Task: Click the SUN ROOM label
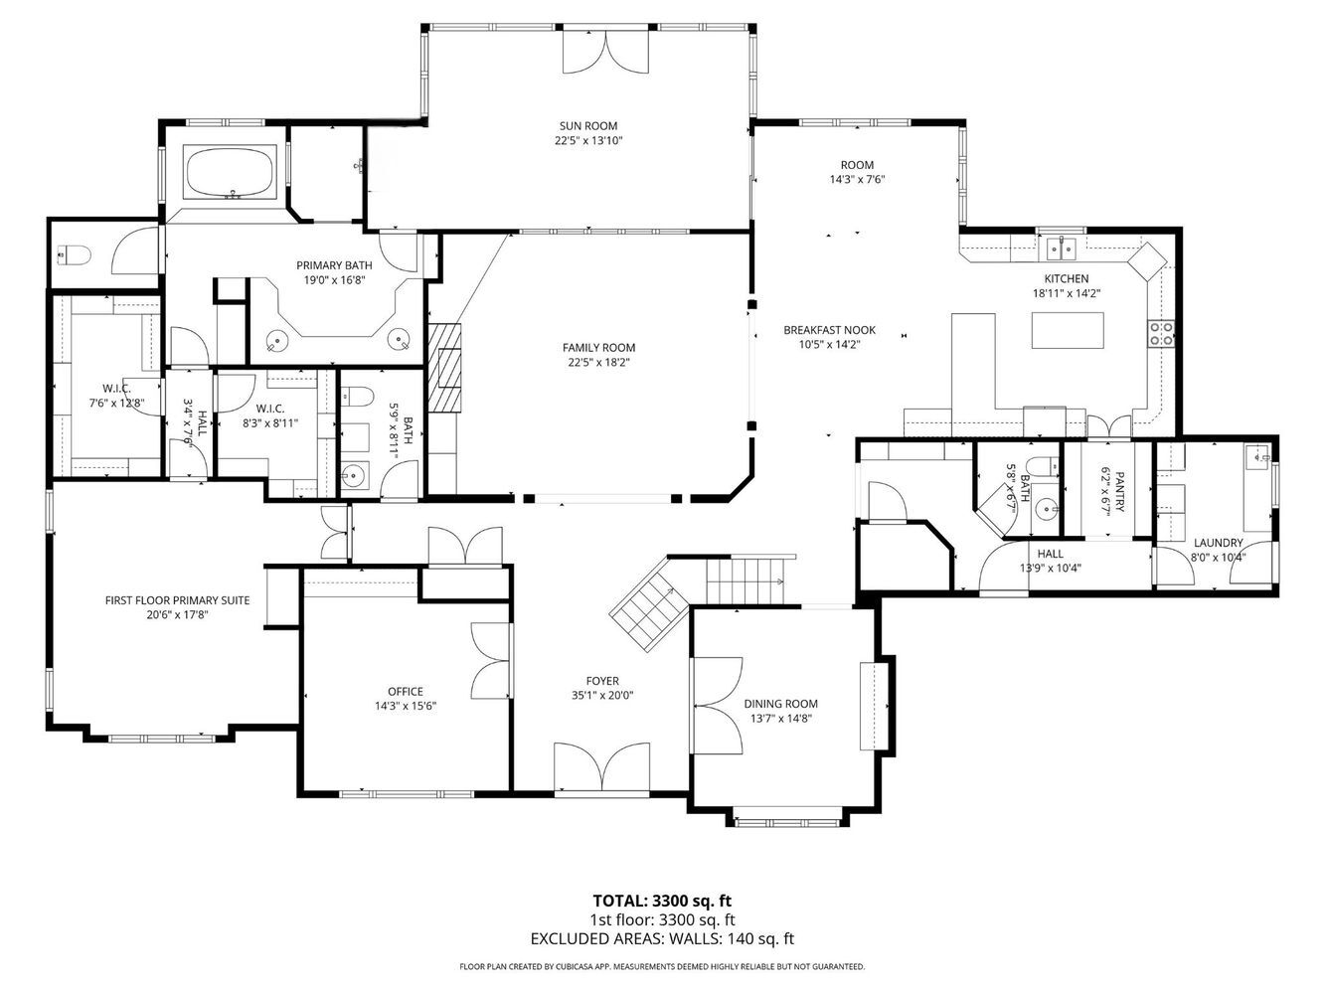587,126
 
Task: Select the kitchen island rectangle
1068,330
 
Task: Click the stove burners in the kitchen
1161,334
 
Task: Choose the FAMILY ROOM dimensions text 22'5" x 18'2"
598,362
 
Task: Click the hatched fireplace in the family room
444,368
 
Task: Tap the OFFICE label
405,692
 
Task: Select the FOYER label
601,681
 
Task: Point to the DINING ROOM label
780,704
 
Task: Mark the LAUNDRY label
1219,543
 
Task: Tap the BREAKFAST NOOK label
829,330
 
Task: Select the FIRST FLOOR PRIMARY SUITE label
177,600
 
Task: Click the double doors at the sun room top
605,53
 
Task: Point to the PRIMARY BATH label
334,265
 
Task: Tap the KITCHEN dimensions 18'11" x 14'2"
1067,294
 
